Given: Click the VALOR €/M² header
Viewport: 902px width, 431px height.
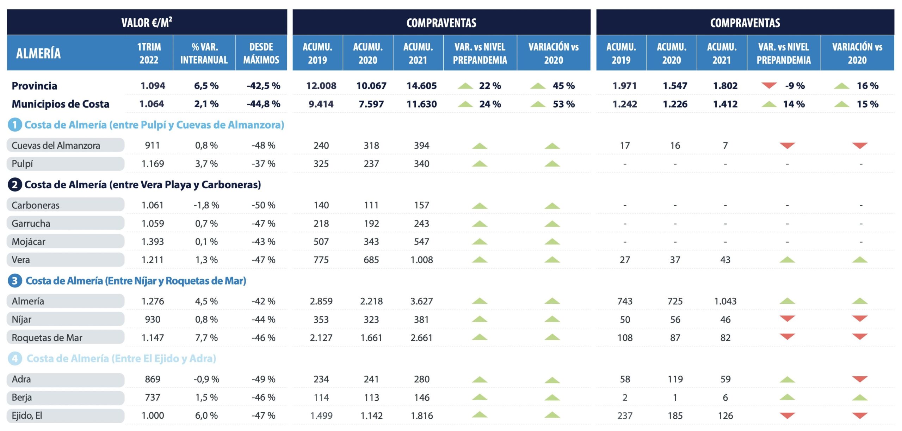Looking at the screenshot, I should point(147,23).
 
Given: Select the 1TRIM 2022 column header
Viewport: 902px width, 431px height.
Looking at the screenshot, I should point(149,53).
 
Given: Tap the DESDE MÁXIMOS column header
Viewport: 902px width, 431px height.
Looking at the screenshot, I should point(261,53).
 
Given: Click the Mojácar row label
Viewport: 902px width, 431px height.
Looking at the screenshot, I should point(29,242).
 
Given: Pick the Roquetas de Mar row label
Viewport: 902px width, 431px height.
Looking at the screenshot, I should point(47,338).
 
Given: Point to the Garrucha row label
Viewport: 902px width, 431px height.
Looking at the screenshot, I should point(31,223).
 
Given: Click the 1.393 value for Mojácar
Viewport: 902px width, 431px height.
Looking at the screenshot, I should point(153,242).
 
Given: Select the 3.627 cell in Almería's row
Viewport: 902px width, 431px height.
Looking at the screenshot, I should point(421,301).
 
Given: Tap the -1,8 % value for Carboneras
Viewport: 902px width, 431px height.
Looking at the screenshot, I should point(206,205).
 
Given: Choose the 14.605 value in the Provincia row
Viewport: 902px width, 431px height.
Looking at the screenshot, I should point(421,86).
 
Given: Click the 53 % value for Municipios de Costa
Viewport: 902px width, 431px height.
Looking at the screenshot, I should point(563,104).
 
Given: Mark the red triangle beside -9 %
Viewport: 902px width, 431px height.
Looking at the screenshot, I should point(769,85).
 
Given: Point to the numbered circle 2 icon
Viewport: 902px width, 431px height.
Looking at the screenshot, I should point(15,184).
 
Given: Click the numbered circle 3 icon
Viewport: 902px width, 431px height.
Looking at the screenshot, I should point(15,281).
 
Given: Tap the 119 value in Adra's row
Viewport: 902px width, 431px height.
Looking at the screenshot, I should point(675,379).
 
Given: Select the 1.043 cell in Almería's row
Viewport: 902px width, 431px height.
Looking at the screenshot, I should point(725,301).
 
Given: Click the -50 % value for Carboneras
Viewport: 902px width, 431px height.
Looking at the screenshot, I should point(263,205).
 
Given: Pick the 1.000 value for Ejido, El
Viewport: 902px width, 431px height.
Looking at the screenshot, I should point(153,415).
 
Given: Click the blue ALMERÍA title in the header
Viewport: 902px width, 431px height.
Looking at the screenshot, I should point(38,53).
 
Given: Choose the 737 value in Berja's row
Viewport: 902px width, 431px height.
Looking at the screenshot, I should point(153,397).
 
